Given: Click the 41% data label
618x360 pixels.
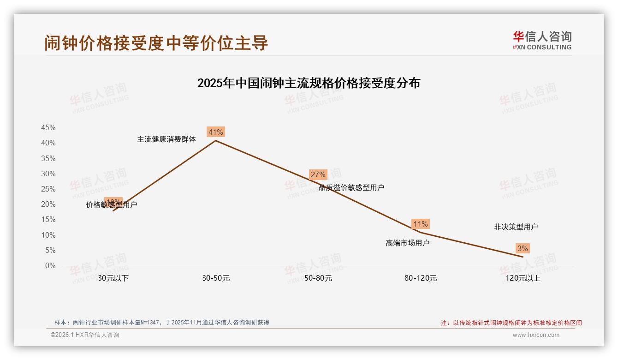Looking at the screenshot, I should click(x=215, y=132).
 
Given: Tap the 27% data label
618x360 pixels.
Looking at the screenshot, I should click(x=318, y=174).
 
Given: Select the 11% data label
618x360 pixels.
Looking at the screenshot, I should click(x=420, y=224).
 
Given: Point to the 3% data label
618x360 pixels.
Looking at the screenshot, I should click(x=522, y=249).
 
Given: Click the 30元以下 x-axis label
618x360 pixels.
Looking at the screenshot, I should click(x=113, y=278).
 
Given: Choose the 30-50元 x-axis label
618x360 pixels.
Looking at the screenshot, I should click(x=215, y=278).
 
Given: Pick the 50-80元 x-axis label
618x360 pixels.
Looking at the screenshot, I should click(x=318, y=278).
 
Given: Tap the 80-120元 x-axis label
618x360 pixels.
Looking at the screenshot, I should click(x=420, y=278).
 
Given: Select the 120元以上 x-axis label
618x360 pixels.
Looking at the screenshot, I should click(x=523, y=278).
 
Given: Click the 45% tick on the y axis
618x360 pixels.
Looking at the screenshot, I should click(x=48, y=128).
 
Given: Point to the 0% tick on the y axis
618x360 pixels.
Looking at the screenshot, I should click(x=50, y=266).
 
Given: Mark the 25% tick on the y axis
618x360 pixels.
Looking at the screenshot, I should click(x=48, y=189).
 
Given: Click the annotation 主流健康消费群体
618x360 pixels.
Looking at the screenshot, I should click(x=166, y=139).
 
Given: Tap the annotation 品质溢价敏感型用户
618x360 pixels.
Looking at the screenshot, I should click(x=351, y=187).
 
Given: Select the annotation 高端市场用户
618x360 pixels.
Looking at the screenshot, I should click(x=407, y=243).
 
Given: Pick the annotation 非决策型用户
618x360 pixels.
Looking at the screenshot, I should click(x=516, y=227).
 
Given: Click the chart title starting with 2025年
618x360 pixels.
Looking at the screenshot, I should click(x=309, y=83).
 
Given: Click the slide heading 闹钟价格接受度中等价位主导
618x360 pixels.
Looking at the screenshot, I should click(x=156, y=43).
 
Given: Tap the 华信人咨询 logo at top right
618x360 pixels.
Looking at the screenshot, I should click(x=542, y=40).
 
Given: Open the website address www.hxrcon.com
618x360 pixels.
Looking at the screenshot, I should click(x=535, y=335).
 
